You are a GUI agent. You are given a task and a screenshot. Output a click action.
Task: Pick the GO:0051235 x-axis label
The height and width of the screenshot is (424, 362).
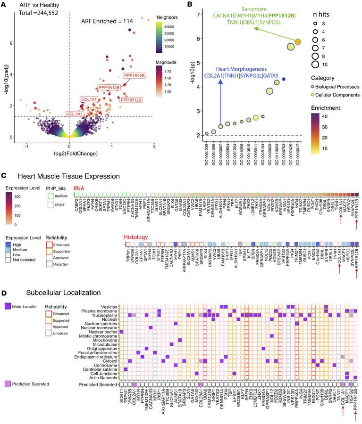point(206,152)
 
